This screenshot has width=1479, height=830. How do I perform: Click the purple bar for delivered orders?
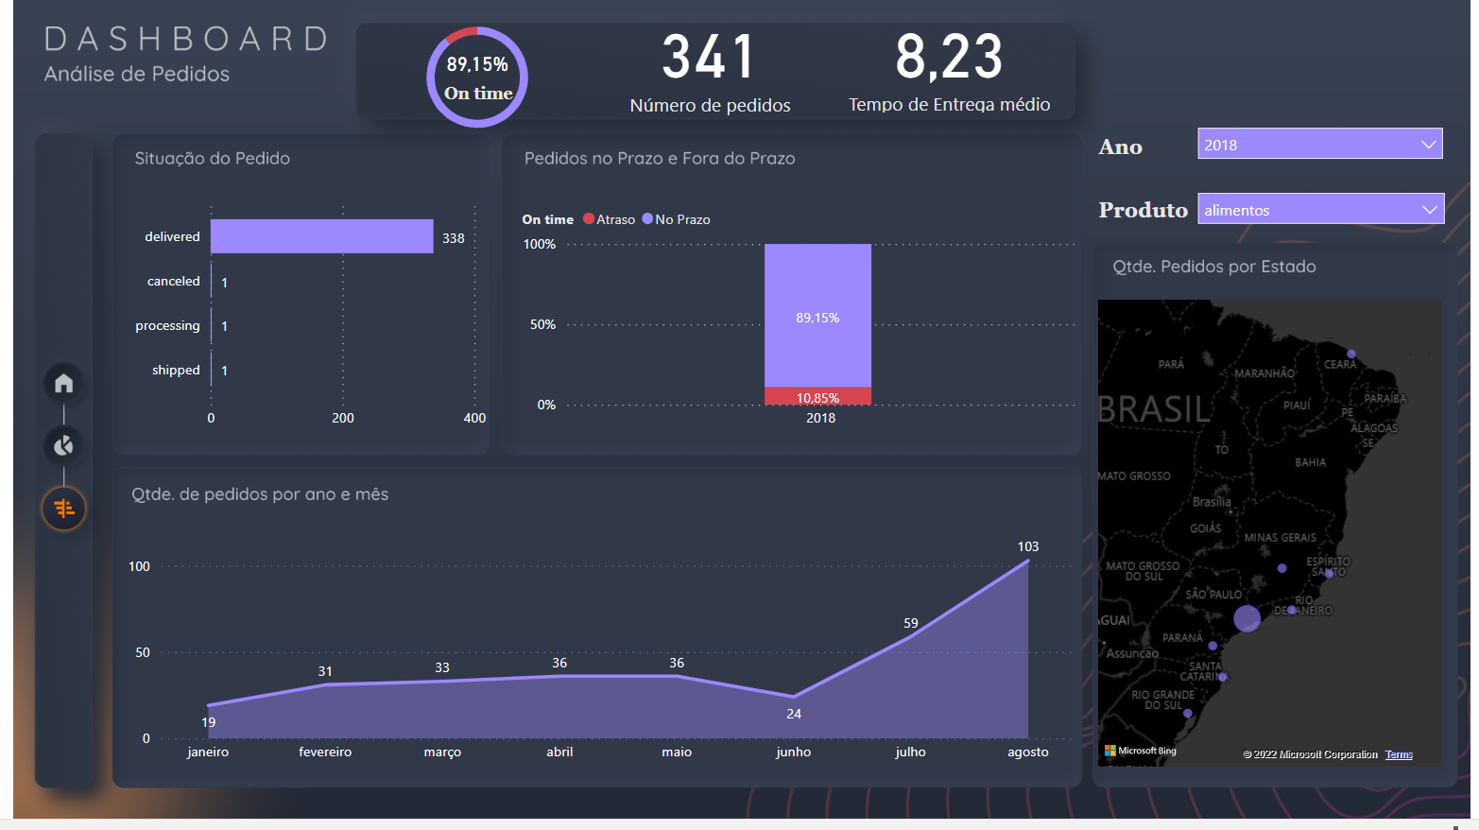321,236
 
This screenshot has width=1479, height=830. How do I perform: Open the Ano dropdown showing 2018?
1319,144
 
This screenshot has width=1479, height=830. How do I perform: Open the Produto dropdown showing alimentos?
1320,209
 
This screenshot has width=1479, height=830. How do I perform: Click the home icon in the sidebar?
63,383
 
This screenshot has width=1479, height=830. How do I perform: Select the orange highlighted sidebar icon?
63,509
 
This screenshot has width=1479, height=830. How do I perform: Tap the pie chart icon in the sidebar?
63,445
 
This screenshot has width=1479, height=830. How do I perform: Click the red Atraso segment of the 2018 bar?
817,396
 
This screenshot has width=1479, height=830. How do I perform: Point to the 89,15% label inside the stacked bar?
817,318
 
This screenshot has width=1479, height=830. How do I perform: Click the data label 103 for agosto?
1027,546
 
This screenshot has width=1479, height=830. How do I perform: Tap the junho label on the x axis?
793,752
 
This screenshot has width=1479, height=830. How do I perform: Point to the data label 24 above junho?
794,714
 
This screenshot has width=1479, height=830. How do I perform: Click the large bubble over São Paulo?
1247,619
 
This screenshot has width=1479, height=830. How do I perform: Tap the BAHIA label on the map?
1310,462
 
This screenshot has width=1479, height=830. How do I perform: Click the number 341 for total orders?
709,57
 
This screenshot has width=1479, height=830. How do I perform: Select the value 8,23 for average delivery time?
949,57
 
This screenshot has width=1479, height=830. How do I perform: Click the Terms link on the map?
1399,754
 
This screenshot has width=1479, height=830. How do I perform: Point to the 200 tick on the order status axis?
343,418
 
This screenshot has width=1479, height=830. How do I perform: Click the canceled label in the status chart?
173,281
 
